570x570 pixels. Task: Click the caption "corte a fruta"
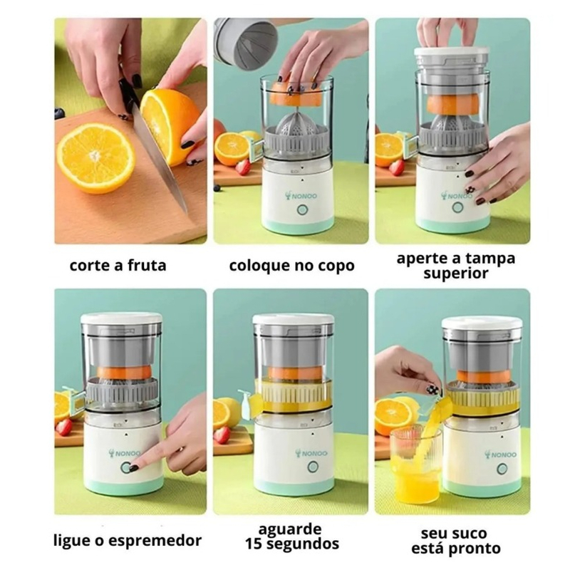tap(118, 266)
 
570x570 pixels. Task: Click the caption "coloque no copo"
tap(291, 266)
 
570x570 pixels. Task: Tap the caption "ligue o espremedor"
tap(126, 539)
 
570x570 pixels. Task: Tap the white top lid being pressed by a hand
tap(453, 53)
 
